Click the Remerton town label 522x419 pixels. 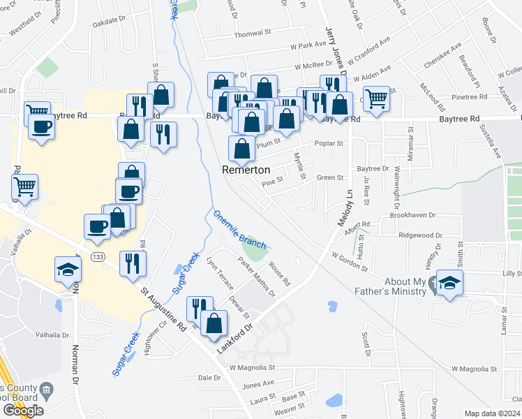point(246,170)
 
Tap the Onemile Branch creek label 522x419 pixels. point(239,229)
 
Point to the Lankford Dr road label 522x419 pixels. point(242,337)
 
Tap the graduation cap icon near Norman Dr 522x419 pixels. point(68,268)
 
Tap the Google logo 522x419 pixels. point(23,410)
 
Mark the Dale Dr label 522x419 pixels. point(209,377)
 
